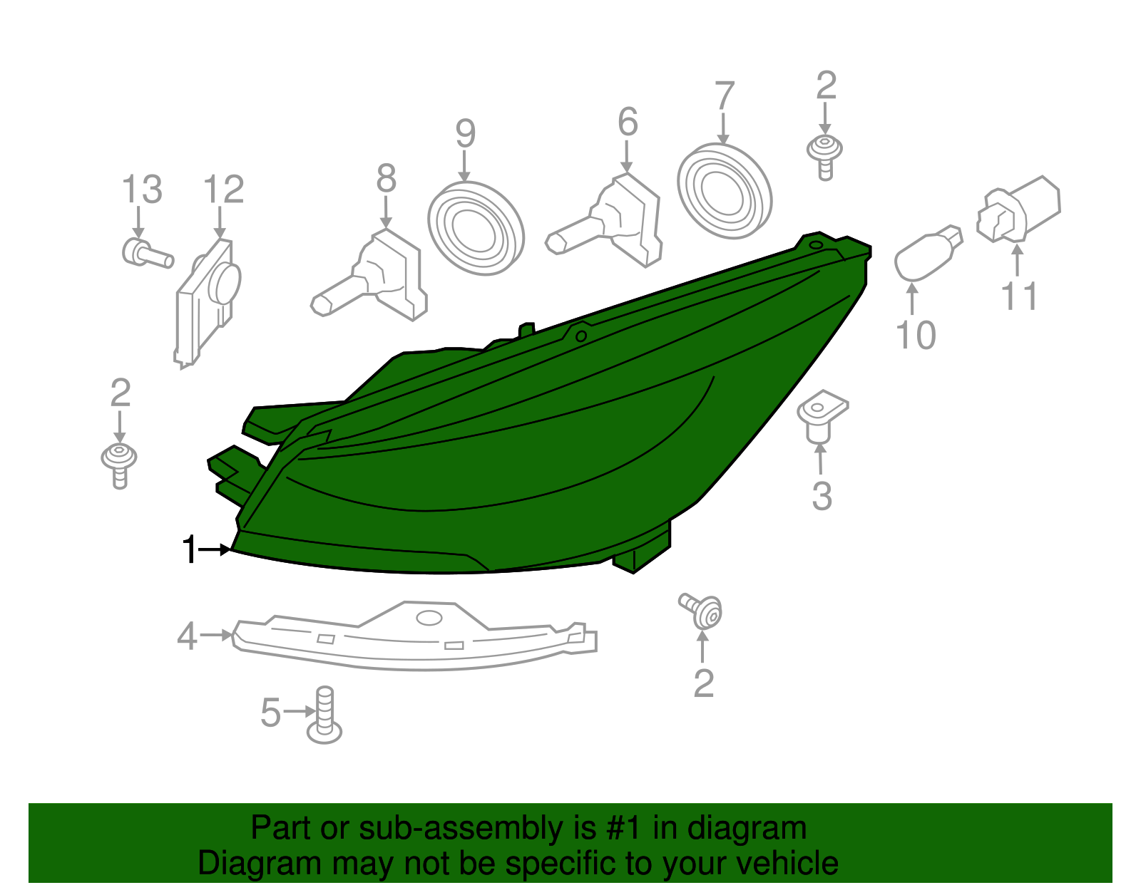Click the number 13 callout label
[x=142, y=190]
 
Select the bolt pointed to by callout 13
[x=146, y=253]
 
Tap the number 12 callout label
[x=223, y=190]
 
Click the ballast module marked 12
[x=207, y=299]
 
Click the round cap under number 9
[x=476, y=228]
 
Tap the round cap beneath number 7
[x=724, y=191]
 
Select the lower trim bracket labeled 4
[x=414, y=638]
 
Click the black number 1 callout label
[x=189, y=550]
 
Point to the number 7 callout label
[x=724, y=96]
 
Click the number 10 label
[x=915, y=336]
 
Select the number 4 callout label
[x=187, y=636]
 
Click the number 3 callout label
[x=822, y=497]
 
